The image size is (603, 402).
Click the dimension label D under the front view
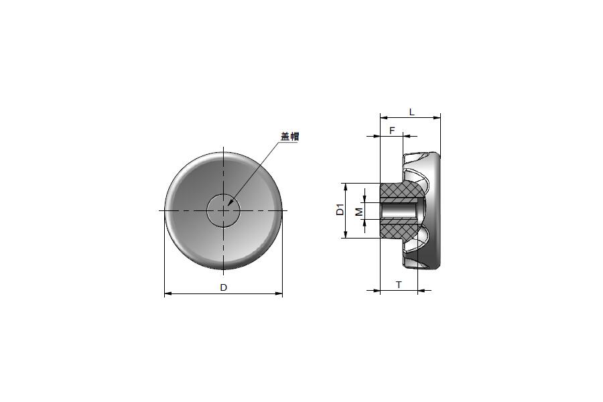coord(223,287)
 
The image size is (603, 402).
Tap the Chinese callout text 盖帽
coord(290,136)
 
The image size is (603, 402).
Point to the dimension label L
coord(411,113)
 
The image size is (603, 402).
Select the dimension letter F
coord(392,131)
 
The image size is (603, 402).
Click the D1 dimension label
coord(340,211)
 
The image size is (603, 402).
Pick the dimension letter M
coord(358,211)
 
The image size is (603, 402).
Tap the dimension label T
coord(399,285)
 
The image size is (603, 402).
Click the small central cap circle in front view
coord(223,194)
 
